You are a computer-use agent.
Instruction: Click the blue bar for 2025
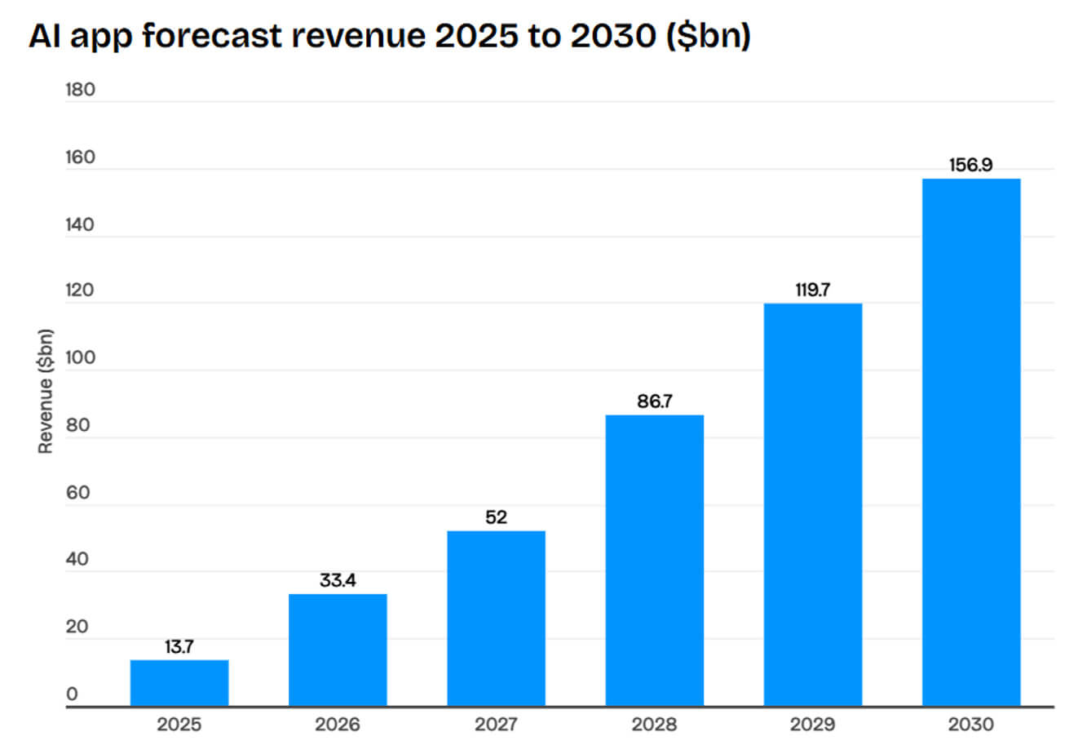179,683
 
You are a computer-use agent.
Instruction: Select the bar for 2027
496,619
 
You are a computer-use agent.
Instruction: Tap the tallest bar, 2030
971,442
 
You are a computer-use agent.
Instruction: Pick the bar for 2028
654,561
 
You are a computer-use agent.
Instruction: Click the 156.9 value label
970,165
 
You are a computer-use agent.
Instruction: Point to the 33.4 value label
338,581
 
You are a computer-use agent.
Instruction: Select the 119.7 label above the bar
812,290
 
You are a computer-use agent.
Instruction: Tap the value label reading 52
496,517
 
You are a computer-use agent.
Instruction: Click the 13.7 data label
179,647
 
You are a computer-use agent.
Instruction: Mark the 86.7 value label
654,401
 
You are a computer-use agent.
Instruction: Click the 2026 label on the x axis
338,725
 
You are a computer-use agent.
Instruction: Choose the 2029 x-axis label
812,725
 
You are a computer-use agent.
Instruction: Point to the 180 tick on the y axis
81,90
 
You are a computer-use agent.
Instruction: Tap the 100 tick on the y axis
81,357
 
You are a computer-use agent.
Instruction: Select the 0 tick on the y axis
73,694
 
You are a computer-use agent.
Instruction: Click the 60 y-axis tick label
78,492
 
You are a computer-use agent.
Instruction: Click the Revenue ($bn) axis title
46,392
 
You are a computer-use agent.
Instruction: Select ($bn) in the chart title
708,37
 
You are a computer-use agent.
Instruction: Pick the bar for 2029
812,504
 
